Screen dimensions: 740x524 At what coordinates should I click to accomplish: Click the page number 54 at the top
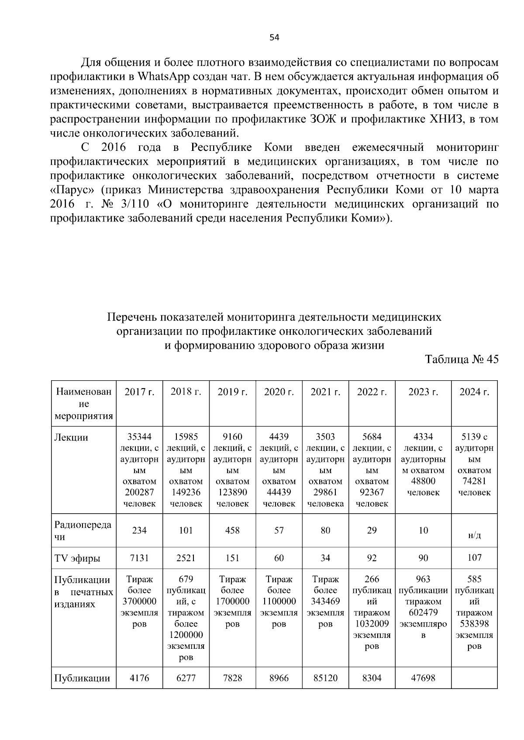click(x=274, y=38)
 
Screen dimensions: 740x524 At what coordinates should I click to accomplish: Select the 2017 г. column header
click(x=139, y=392)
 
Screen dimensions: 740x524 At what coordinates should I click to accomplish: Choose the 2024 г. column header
click(x=474, y=392)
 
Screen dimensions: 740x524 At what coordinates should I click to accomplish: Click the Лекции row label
click(x=71, y=438)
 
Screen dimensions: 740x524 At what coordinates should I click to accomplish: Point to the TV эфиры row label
click(x=77, y=559)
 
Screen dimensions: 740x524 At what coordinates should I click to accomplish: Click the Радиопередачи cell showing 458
click(x=232, y=531)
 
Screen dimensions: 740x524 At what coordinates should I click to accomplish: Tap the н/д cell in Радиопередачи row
click(x=474, y=535)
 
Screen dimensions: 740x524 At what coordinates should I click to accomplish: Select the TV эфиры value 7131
click(x=139, y=558)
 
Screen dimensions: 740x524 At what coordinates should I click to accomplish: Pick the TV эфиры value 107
click(x=474, y=558)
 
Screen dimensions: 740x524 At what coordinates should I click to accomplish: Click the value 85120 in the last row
click(x=325, y=678)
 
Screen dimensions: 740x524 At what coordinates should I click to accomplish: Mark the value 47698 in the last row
click(x=423, y=678)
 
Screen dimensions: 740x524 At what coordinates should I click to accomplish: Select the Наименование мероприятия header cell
click(x=84, y=404)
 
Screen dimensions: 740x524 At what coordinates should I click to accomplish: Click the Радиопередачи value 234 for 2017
click(x=139, y=531)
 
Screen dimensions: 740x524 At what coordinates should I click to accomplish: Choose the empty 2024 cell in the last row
click(x=474, y=678)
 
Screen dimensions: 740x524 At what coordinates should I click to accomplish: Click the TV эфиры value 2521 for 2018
click(x=186, y=558)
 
